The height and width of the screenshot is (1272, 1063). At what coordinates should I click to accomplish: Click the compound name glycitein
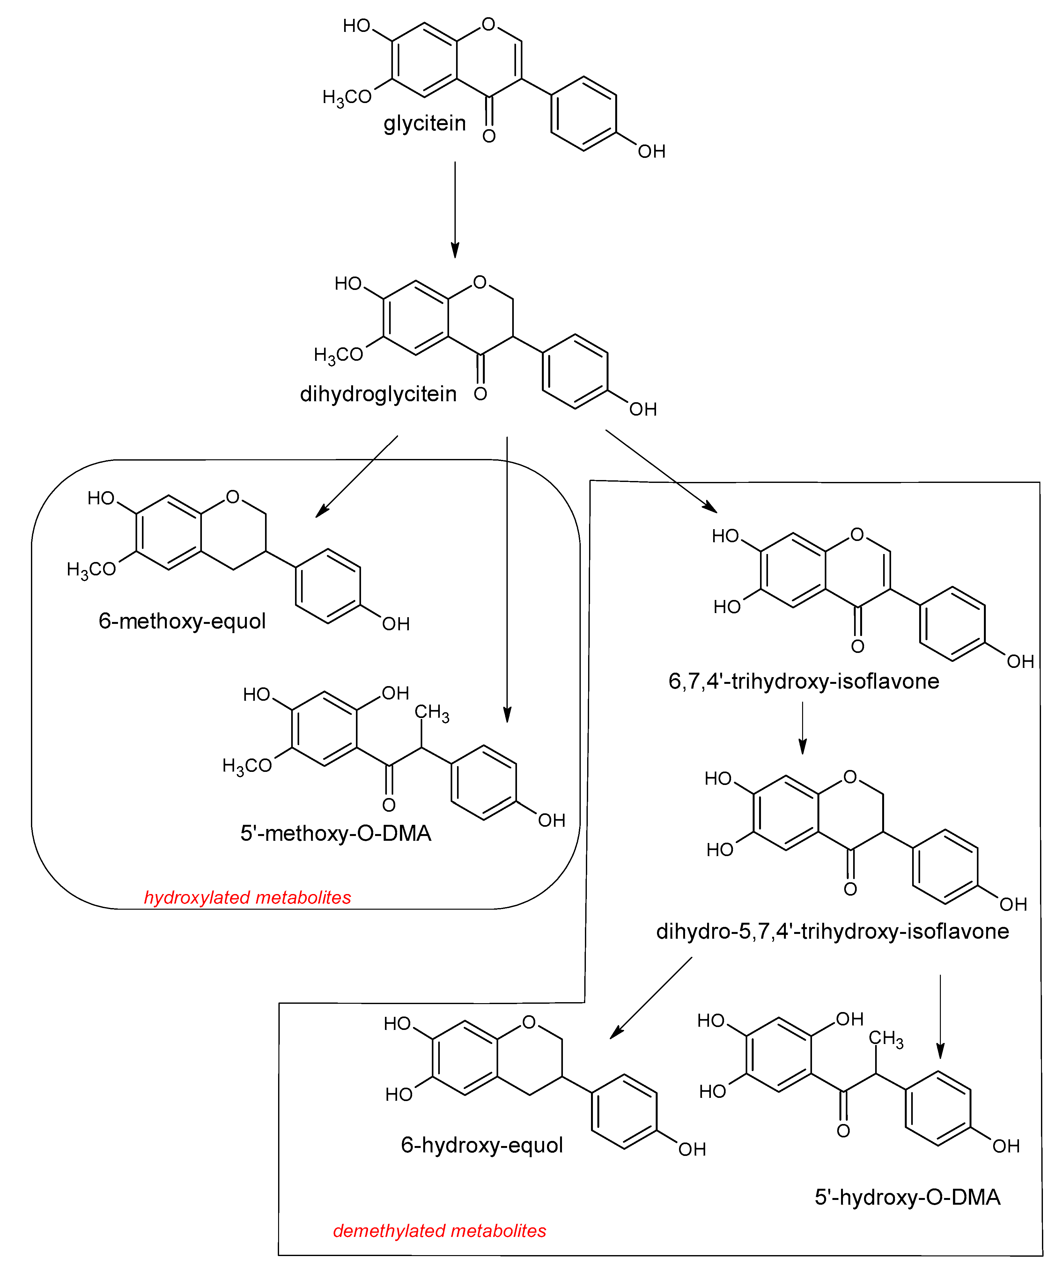(x=424, y=123)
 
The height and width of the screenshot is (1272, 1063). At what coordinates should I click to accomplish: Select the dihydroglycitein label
(x=378, y=394)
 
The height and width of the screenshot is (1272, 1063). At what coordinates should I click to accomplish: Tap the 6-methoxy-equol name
(x=182, y=621)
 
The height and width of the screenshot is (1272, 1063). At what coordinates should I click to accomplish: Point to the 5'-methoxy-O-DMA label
(x=336, y=833)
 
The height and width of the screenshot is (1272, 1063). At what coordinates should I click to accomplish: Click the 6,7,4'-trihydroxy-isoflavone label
(x=804, y=681)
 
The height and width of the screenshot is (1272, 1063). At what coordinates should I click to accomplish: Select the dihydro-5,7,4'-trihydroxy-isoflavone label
(x=832, y=931)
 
